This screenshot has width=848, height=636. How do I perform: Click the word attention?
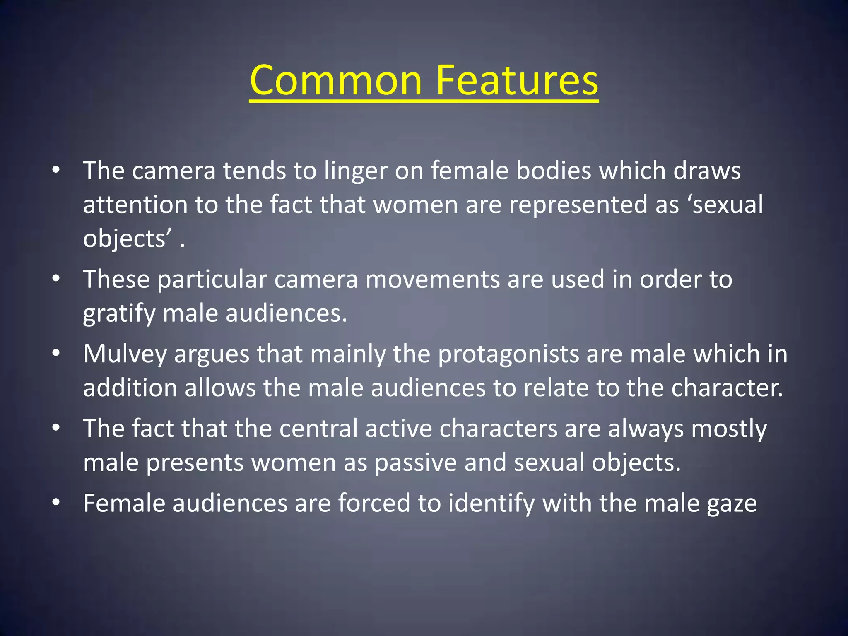(x=135, y=205)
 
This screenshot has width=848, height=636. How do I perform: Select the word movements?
(x=433, y=279)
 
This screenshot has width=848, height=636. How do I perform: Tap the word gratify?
(x=119, y=314)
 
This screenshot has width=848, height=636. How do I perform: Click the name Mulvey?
(x=125, y=355)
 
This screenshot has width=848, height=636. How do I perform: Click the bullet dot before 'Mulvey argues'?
(x=56, y=353)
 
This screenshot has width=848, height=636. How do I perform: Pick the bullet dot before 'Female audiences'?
(x=56, y=502)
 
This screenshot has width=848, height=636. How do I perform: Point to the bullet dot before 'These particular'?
(x=56, y=278)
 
